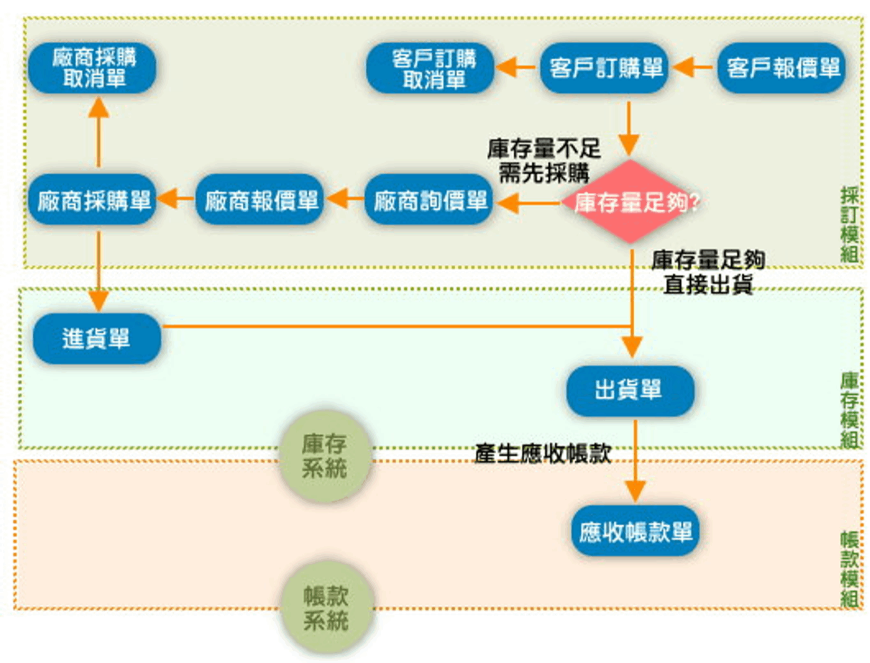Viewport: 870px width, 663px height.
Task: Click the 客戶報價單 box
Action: tap(781, 68)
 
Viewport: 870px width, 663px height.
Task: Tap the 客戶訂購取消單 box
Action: tap(430, 68)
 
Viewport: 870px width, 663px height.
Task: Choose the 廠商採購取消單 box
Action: tap(92, 68)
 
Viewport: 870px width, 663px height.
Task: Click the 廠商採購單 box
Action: tap(92, 200)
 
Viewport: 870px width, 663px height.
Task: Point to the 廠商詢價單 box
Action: tap(429, 200)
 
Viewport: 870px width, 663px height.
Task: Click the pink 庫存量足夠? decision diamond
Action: tap(630, 201)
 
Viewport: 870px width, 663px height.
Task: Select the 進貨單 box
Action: tap(97, 338)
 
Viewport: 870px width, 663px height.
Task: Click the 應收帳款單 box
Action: tap(635, 531)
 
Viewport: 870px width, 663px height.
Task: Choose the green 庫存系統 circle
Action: tap(325, 456)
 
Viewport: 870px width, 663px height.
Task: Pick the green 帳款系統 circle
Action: tap(326, 608)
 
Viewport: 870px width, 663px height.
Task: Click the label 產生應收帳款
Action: tap(542, 454)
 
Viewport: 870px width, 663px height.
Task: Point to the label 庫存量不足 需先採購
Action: tap(543, 161)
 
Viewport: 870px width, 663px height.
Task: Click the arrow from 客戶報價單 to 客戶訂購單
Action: tap(692, 68)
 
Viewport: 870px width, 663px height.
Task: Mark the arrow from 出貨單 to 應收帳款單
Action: tap(635, 460)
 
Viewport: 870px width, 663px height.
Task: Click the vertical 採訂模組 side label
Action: tap(849, 225)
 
